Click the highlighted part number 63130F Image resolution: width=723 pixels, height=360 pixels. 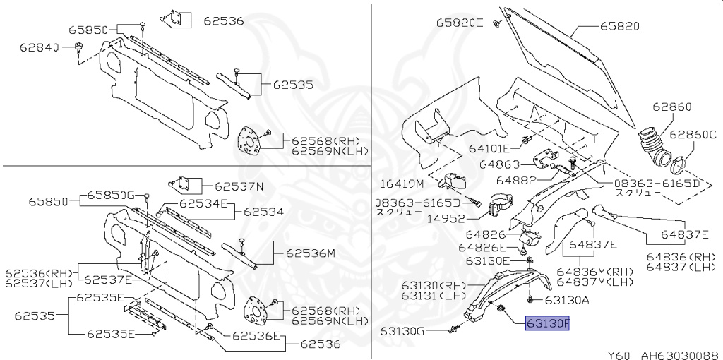tap(547, 325)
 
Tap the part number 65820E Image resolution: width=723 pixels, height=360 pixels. tap(458, 23)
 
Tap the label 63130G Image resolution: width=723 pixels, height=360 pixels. tap(402, 330)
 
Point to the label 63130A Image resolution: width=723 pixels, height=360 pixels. tap(567, 300)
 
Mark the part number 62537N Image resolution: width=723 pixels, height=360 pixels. tap(239, 187)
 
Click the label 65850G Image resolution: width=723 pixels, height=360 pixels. tap(111, 195)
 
